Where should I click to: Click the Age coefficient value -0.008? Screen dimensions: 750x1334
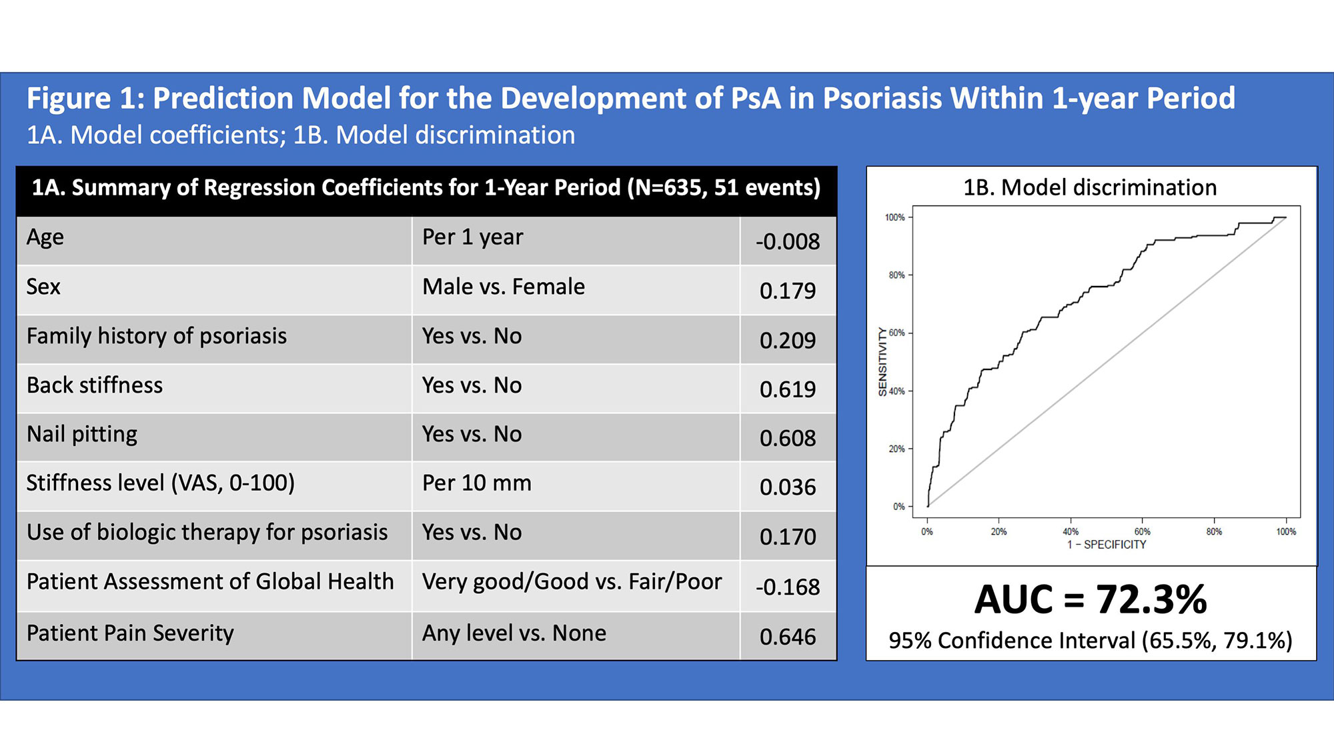coord(787,241)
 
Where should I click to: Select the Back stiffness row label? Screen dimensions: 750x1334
coord(95,385)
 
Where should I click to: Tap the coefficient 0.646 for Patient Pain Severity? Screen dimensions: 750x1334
coord(787,637)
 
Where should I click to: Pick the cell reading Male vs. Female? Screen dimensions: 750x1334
coord(504,287)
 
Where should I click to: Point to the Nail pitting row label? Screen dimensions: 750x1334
coord(82,434)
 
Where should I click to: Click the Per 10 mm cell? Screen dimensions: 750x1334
coord(477,483)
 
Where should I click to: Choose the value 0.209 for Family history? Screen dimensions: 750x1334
coord(787,340)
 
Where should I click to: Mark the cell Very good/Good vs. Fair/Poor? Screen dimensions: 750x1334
coord(572,581)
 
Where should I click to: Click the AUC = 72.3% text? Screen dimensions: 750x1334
coord(1091,599)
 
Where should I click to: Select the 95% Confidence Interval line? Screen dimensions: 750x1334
coord(1091,640)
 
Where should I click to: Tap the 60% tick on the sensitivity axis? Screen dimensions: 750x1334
coord(896,333)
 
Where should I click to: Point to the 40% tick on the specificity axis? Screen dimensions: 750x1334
coord(1071,531)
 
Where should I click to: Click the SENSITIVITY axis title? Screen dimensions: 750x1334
coord(882,362)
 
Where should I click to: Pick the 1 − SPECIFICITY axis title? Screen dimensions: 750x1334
coord(1107,545)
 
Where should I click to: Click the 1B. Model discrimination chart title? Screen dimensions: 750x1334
coord(1090,187)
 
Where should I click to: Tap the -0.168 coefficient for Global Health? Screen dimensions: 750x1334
coord(787,587)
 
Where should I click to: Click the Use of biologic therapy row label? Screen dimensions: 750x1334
coord(207,532)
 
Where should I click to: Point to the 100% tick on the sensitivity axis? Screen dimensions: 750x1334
coord(894,217)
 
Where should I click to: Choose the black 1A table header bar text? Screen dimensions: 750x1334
coord(426,187)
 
